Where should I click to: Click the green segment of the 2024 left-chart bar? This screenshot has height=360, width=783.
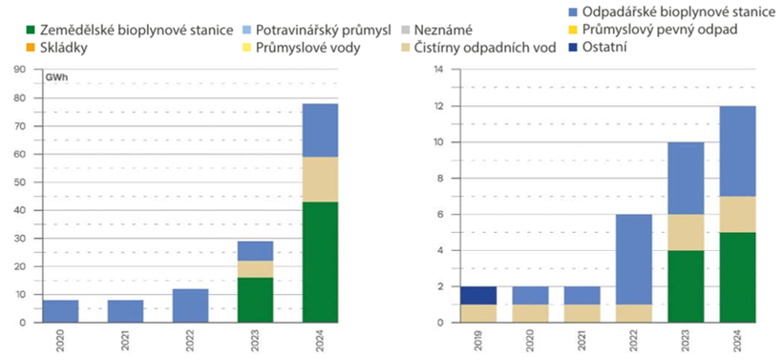[320, 262]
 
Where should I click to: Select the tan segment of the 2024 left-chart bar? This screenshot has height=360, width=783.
[320, 180]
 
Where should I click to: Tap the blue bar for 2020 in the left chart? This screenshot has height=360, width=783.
[61, 311]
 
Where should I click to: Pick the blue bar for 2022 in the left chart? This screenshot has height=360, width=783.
[190, 305]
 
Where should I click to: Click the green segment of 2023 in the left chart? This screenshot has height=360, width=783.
[255, 300]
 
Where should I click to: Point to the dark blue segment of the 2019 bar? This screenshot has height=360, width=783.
[478, 295]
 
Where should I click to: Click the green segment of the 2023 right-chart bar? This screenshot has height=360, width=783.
[687, 286]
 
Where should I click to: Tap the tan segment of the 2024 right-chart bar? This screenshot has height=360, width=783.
[737, 214]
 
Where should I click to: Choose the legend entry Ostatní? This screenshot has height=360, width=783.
[604, 48]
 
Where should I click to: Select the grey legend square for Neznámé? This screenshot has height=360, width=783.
[408, 31]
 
